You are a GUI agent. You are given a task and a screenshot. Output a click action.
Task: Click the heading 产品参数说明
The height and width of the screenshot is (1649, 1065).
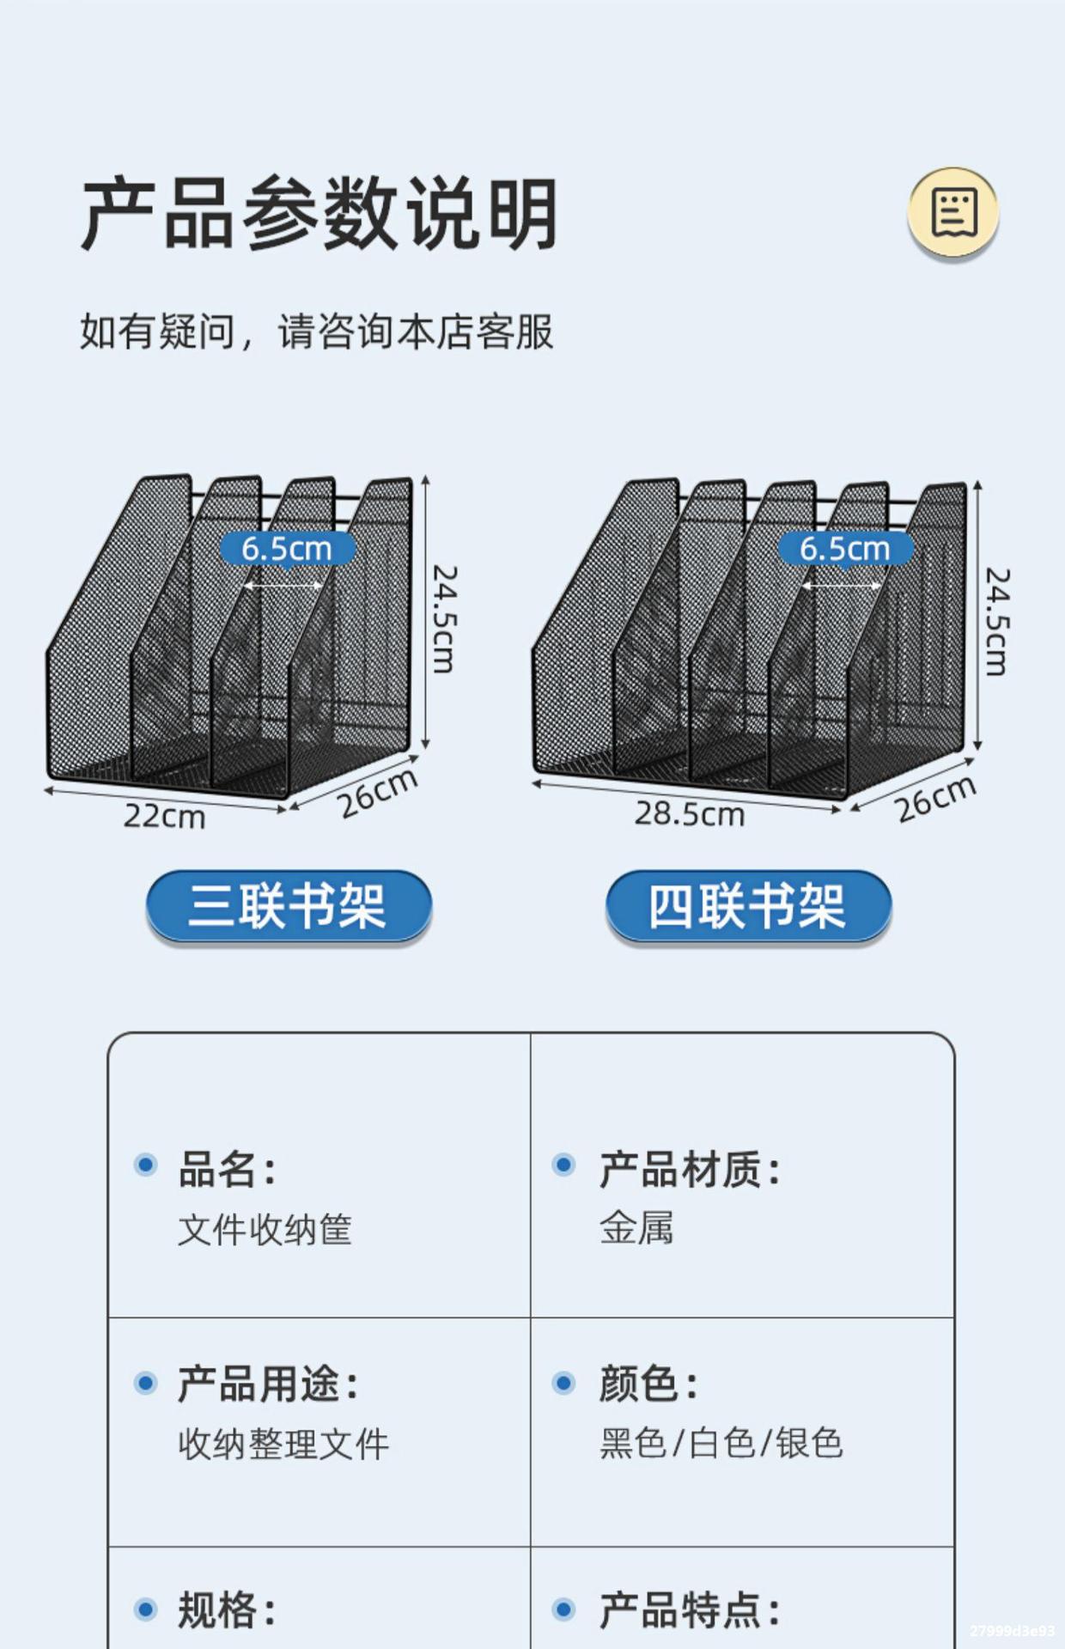tap(319, 214)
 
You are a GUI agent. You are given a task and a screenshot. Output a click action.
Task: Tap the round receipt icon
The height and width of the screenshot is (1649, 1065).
tap(952, 211)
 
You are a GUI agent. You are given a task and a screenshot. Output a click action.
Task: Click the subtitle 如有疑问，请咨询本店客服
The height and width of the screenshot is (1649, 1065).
tap(317, 332)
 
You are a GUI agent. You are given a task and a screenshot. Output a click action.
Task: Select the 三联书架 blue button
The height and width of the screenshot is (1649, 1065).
tap(289, 906)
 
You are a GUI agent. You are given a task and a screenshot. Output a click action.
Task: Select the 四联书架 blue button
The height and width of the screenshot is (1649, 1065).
tap(748, 906)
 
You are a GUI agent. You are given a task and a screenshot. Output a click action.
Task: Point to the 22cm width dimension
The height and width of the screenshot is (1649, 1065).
tap(164, 816)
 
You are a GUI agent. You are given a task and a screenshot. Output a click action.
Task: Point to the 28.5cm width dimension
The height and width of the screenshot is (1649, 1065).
tap(690, 813)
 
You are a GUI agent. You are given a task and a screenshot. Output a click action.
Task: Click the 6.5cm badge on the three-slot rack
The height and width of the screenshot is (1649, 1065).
tap(287, 548)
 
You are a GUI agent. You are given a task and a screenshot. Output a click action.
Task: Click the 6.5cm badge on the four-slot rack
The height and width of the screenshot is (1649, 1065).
tap(845, 548)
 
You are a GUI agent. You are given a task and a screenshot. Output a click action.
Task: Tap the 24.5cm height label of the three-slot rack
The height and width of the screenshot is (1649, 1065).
tap(443, 618)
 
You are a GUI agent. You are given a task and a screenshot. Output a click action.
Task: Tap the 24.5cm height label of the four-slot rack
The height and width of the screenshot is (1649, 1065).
tap(996, 621)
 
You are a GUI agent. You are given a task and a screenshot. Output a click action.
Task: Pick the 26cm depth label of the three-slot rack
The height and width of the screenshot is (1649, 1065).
tap(378, 793)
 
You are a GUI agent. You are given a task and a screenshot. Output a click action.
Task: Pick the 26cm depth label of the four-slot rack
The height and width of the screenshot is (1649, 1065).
tap(936, 799)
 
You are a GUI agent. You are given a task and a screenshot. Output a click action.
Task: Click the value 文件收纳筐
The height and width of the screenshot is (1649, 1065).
tap(265, 1229)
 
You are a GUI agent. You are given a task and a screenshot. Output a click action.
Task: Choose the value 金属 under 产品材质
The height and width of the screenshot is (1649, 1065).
tap(636, 1227)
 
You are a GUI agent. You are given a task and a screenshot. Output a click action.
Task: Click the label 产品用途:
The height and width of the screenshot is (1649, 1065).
tap(268, 1384)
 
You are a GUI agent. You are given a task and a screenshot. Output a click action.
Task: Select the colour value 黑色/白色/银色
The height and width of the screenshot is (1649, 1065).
tap(721, 1443)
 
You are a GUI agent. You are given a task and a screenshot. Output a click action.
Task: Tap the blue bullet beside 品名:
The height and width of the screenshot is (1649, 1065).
tap(146, 1165)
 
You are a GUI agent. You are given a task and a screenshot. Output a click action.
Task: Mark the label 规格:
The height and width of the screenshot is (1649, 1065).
tap(227, 1609)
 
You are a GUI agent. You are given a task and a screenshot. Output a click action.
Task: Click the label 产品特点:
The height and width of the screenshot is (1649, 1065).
tap(690, 1609)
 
